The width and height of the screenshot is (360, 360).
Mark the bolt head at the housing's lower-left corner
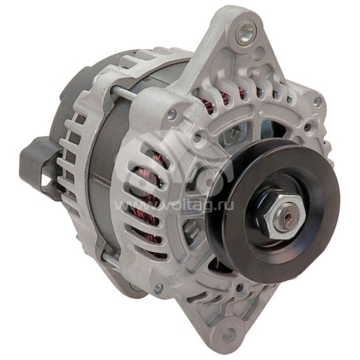point(158,288)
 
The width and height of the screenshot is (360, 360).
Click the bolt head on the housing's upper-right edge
point(317,101)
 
